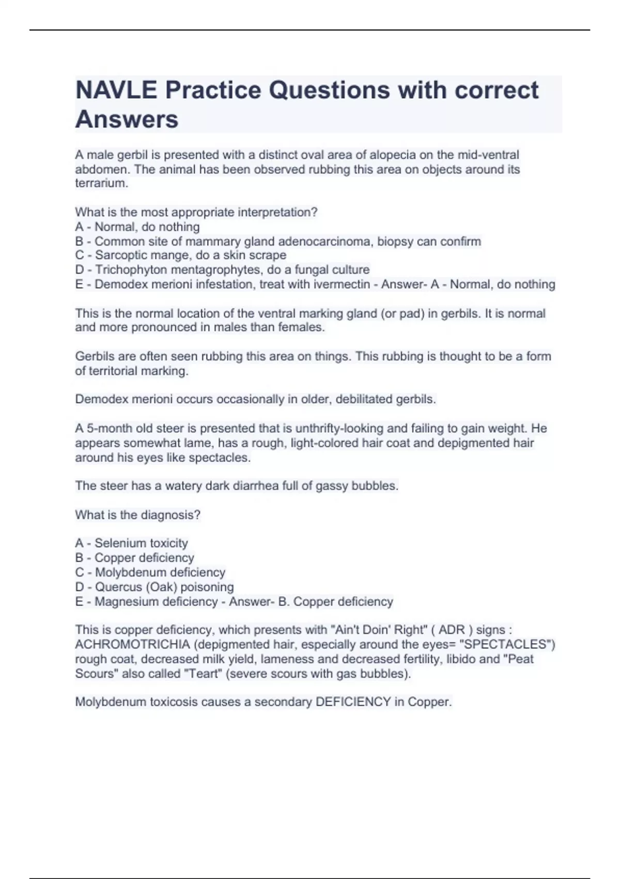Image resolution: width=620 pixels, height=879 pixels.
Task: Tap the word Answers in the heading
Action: [127, 119]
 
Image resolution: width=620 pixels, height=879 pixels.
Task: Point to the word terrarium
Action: [101, 184]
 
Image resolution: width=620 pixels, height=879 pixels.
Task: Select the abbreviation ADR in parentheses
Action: [452, 630]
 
